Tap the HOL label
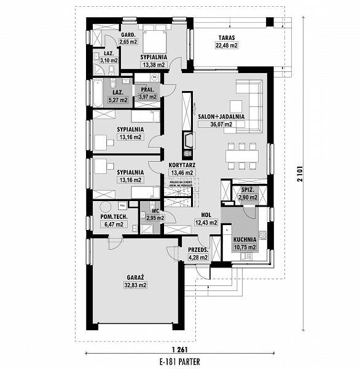pos(206,215)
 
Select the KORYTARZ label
pos(181,165)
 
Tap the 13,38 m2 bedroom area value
pos(154,65)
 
